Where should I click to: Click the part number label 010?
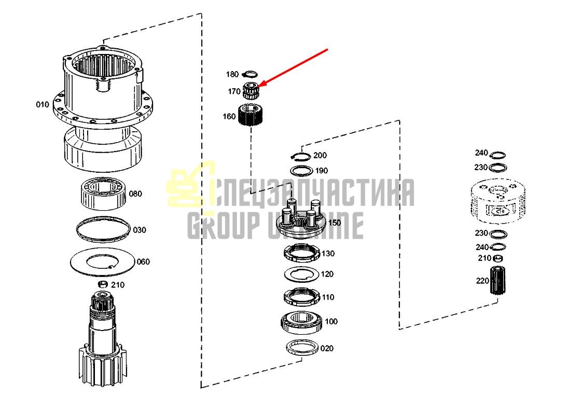[42, 105]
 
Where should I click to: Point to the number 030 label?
[140, 230]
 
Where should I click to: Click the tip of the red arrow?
[259, 87]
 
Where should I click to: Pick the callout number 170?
[234, 91]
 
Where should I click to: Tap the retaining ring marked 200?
[301, 157]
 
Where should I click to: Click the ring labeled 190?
[301, 171]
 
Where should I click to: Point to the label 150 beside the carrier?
[335, 223]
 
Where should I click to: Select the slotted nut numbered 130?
[301, 253]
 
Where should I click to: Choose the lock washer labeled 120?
[301, 274]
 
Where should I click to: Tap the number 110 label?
[328, 297]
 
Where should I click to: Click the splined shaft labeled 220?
[498, 280]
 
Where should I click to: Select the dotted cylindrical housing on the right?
[498, 201]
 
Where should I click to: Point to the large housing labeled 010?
[103, 107]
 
